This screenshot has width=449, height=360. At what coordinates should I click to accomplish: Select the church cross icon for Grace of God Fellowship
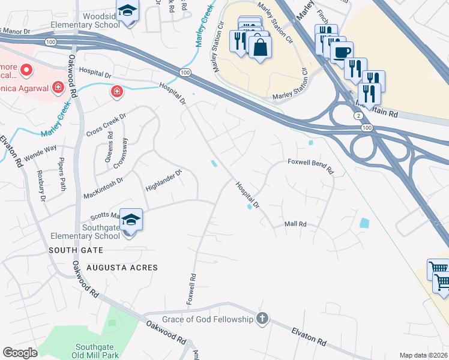pos(262,319)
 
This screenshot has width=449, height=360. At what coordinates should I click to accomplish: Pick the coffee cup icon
pos(341,52)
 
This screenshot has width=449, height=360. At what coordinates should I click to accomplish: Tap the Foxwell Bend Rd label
pos(310,166)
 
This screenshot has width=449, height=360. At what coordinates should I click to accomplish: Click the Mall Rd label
pos(295,224)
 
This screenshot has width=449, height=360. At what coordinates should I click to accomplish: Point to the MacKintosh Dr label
pos(102,179)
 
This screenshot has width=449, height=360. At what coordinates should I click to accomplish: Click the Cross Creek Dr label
pos(106,125)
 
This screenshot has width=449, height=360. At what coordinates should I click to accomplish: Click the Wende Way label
pos(40,149)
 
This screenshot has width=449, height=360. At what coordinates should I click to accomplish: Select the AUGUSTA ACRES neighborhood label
pos(122,268)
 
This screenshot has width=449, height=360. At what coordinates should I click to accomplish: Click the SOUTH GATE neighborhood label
pos(76,251)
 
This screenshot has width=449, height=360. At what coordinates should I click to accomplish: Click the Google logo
pos(20,353)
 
